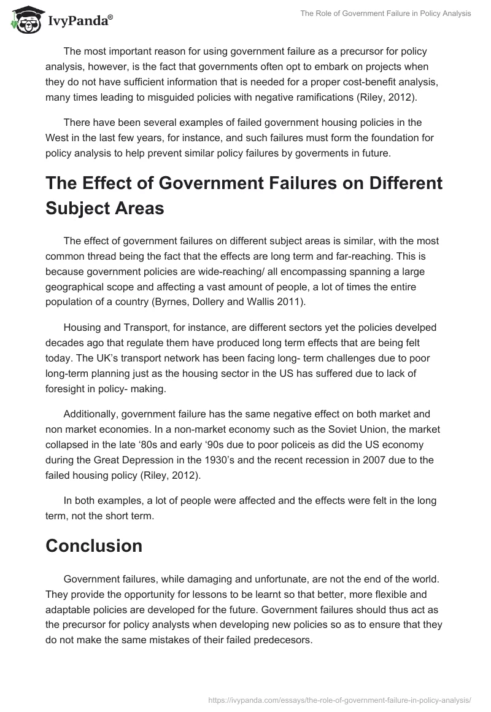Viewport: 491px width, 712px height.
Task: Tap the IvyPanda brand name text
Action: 80,21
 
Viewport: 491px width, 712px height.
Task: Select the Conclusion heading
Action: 94,546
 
